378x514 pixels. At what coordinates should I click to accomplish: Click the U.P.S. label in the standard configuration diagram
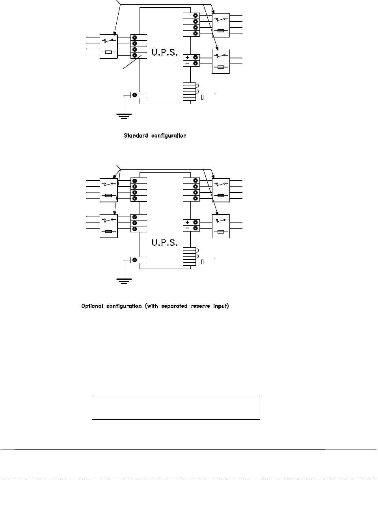point(165,52)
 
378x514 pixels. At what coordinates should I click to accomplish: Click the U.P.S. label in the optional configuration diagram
point(165,242)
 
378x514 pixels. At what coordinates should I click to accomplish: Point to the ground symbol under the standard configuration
point(124,116)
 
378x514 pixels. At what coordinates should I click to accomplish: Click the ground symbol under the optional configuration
point(124,280)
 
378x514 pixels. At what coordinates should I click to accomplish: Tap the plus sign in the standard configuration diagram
point(187,58)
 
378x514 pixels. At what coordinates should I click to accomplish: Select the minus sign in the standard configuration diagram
point(187,63)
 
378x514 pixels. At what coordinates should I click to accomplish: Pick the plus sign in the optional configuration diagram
point(187,222)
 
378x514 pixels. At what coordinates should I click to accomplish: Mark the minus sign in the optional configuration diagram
point(187,228)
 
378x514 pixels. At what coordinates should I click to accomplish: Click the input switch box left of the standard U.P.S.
point(109,46)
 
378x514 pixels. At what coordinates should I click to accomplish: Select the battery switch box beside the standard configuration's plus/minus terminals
point(221,61)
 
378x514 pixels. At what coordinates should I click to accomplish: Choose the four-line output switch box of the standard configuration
point(221,25)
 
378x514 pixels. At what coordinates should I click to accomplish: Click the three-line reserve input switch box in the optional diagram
point(109,226)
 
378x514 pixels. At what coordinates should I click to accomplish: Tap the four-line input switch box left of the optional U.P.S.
point(109,190)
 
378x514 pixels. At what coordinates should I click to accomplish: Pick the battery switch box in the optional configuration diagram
point(221,226)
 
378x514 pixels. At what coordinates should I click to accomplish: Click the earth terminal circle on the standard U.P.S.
point(135,95)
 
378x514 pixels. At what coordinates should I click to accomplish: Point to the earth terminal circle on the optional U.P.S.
point(135,260)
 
